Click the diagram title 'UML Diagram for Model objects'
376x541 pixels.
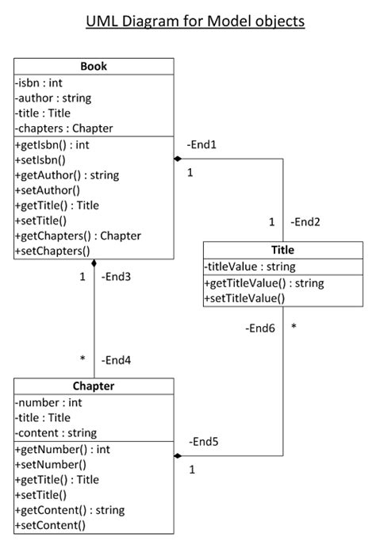(195, 21)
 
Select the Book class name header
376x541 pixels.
(94, 66)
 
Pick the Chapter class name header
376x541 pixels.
(94, 386)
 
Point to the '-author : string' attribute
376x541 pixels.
(53, 98)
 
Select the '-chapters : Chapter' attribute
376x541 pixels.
(63, 129)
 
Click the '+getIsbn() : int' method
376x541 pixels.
(52, 145)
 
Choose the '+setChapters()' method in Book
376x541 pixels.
(52, 251)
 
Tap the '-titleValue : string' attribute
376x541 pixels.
(250, 267)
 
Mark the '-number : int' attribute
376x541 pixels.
(48, 403)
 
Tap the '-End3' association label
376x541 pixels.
(116, 277)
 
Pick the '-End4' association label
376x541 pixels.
(116, 360)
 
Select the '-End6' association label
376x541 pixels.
(260, 327)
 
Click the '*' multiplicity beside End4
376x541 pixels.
(82, 359)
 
